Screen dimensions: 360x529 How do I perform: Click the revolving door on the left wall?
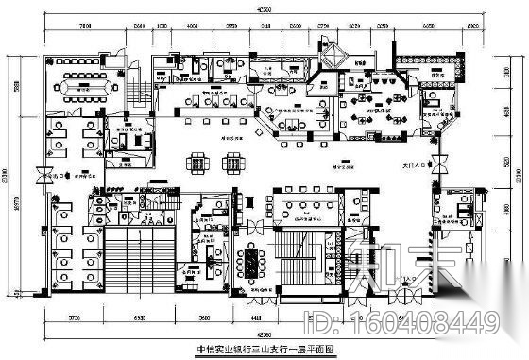(40, 175)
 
